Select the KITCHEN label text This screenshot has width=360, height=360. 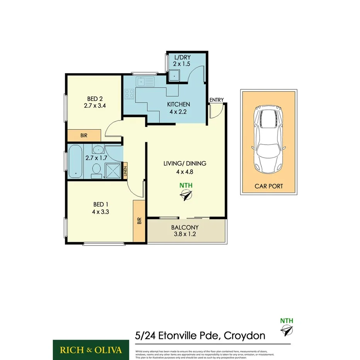pyautogui.click(x=178, y=104)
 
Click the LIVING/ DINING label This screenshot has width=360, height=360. pyautogui.click(x=185, y=163)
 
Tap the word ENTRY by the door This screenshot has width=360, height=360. pyautogui.click(x=216, y=100)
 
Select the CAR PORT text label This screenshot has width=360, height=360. pyautogui.click(x=268, y=186)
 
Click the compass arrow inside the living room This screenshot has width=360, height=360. pyautogui.click(x=186, y=197)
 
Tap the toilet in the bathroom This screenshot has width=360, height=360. pyautogui.click(x=97, y=170)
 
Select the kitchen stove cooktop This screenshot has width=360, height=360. pyautogui.click(x=129, y=93)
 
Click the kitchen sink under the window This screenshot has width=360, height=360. pyautogui.click(x=146, y=82)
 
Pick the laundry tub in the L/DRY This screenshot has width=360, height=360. pyautogui.click(x=175, y=75)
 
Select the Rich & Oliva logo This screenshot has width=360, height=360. pyautogui.click(x=91, y=350)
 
